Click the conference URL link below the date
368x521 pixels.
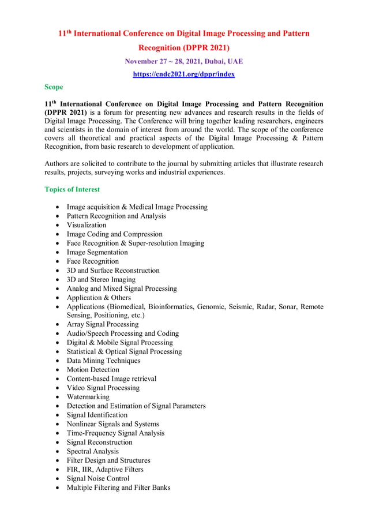183,74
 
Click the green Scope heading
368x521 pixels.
54,87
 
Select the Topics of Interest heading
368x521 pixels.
72,189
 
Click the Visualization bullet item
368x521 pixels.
87,225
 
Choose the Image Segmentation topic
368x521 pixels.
97,252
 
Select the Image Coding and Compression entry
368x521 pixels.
114,234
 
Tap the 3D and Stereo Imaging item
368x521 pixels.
101,279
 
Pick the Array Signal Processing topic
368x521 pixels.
102,324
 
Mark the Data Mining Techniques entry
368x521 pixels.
103,361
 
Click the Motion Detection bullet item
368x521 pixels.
93,370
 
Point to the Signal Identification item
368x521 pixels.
97,415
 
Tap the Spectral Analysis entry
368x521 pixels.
92,451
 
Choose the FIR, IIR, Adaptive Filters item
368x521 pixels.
105,469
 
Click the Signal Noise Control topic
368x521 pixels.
98,478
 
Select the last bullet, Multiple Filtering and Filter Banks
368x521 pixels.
118,488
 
